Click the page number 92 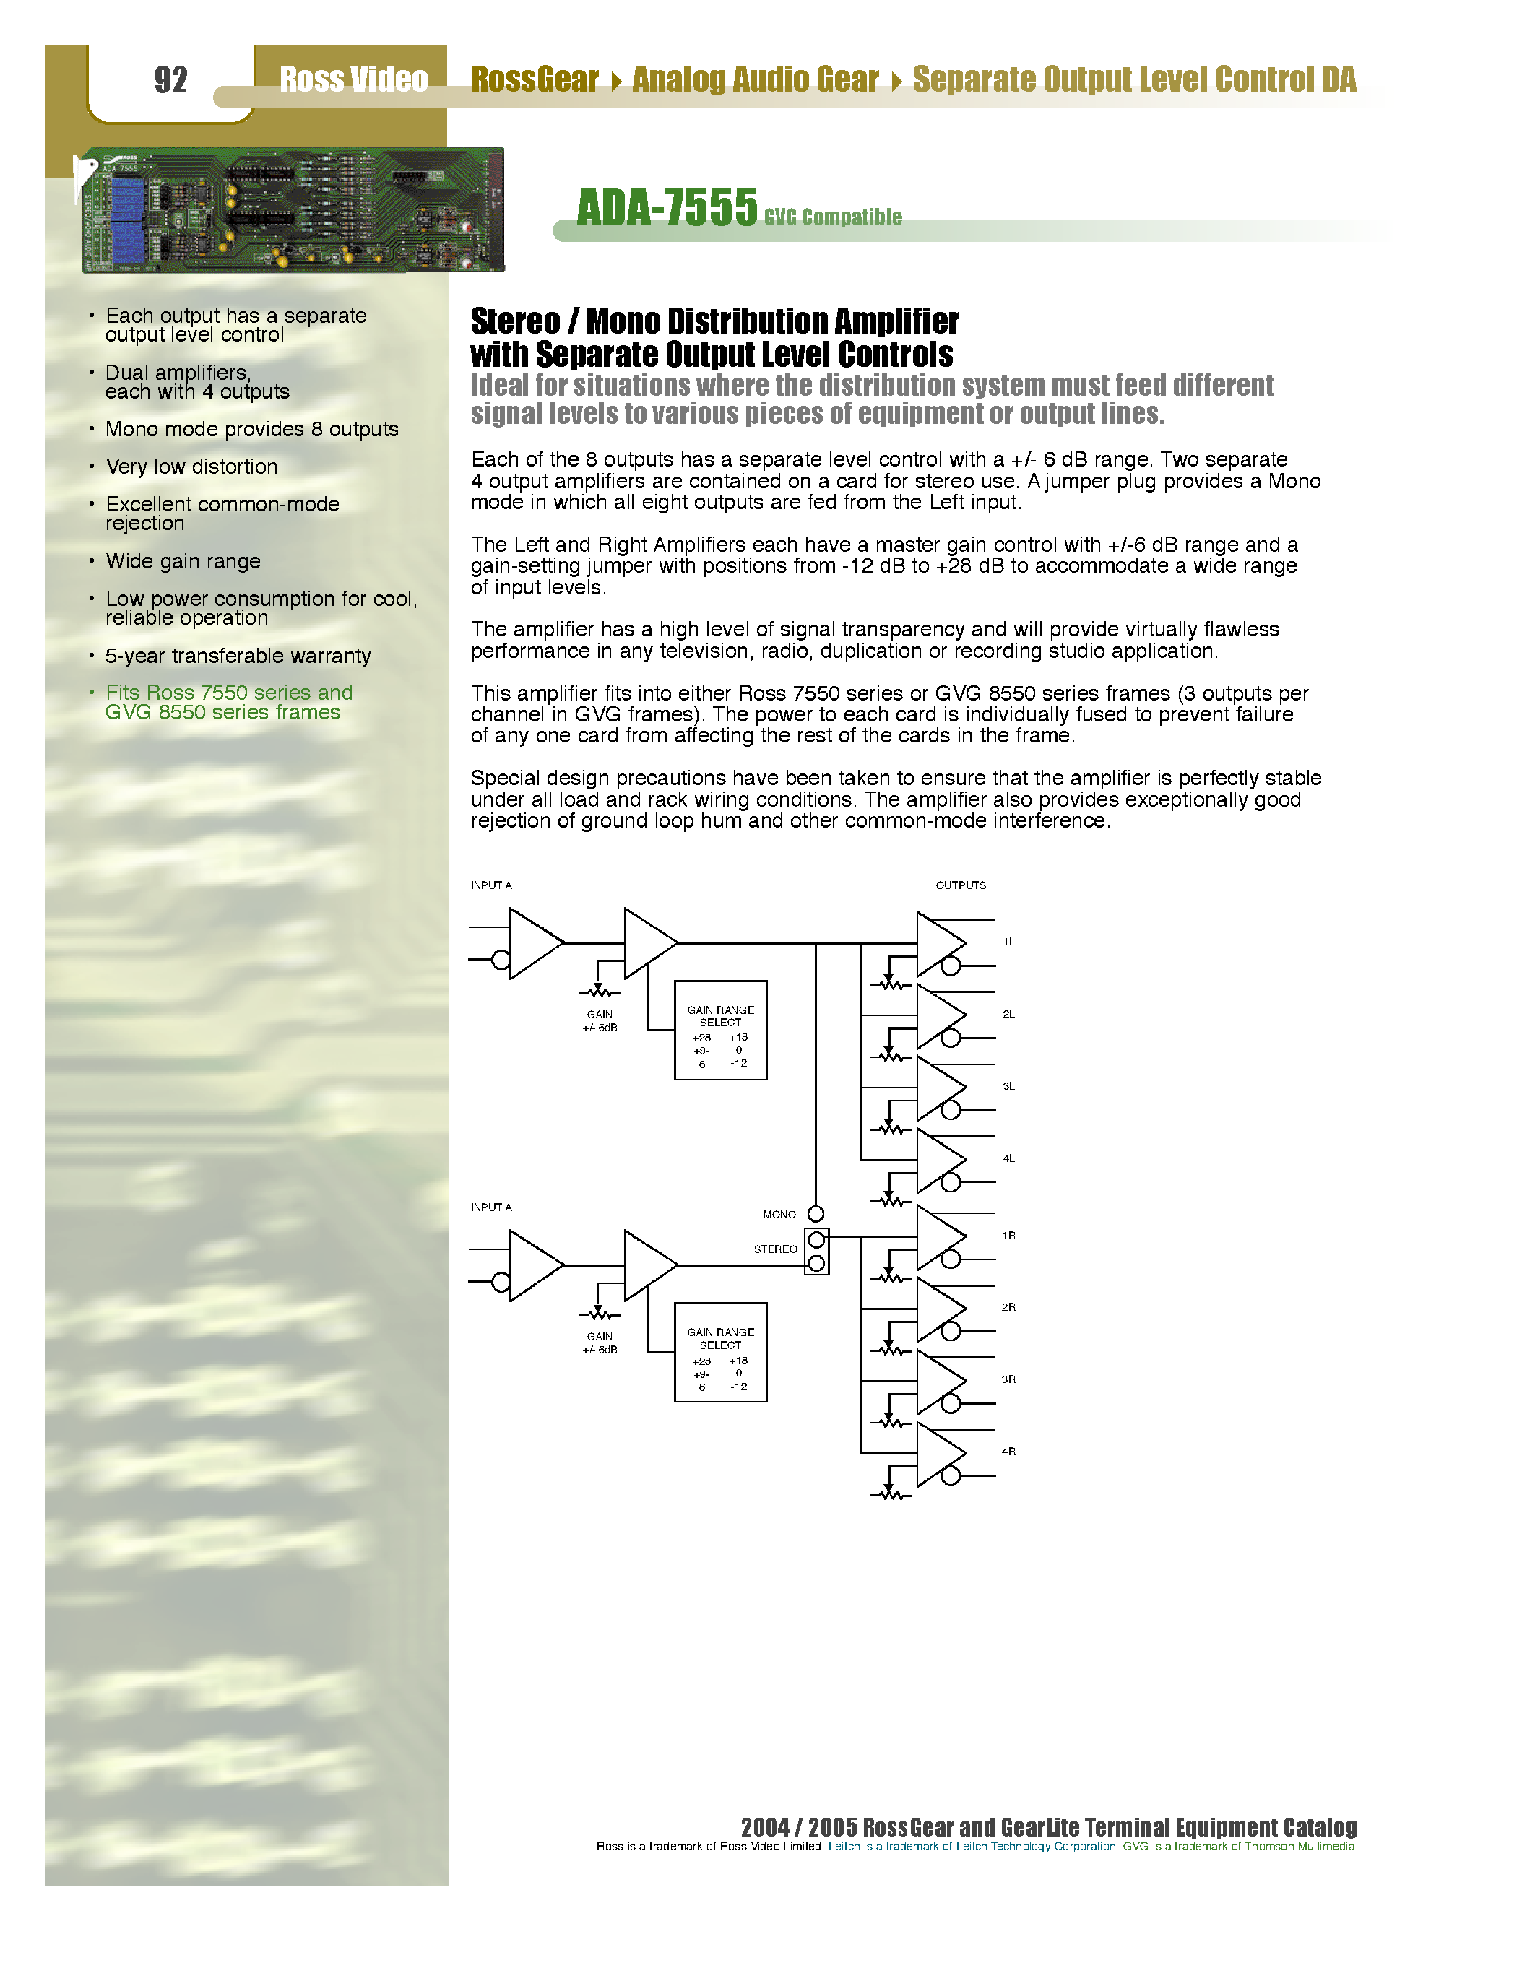click(171, 80)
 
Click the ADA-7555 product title click(667, 208)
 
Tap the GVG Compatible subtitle click(832, 217)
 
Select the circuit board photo click(292, 209)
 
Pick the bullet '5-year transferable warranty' click(238, 656)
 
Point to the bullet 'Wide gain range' click(183, 561)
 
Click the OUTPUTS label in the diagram click(960, 885)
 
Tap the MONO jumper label click(779, 1214)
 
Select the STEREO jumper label click(775, 1249)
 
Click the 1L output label click(1008, 942)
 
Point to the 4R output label click(1008, 1452)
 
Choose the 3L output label click(1008, 1087)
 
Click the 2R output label click(1008, 1308)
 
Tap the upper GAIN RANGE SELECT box click(720, 1031)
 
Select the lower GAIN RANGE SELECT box click(720, 1352)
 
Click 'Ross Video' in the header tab click(353, 80)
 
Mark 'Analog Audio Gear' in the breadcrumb click(755, 80)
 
